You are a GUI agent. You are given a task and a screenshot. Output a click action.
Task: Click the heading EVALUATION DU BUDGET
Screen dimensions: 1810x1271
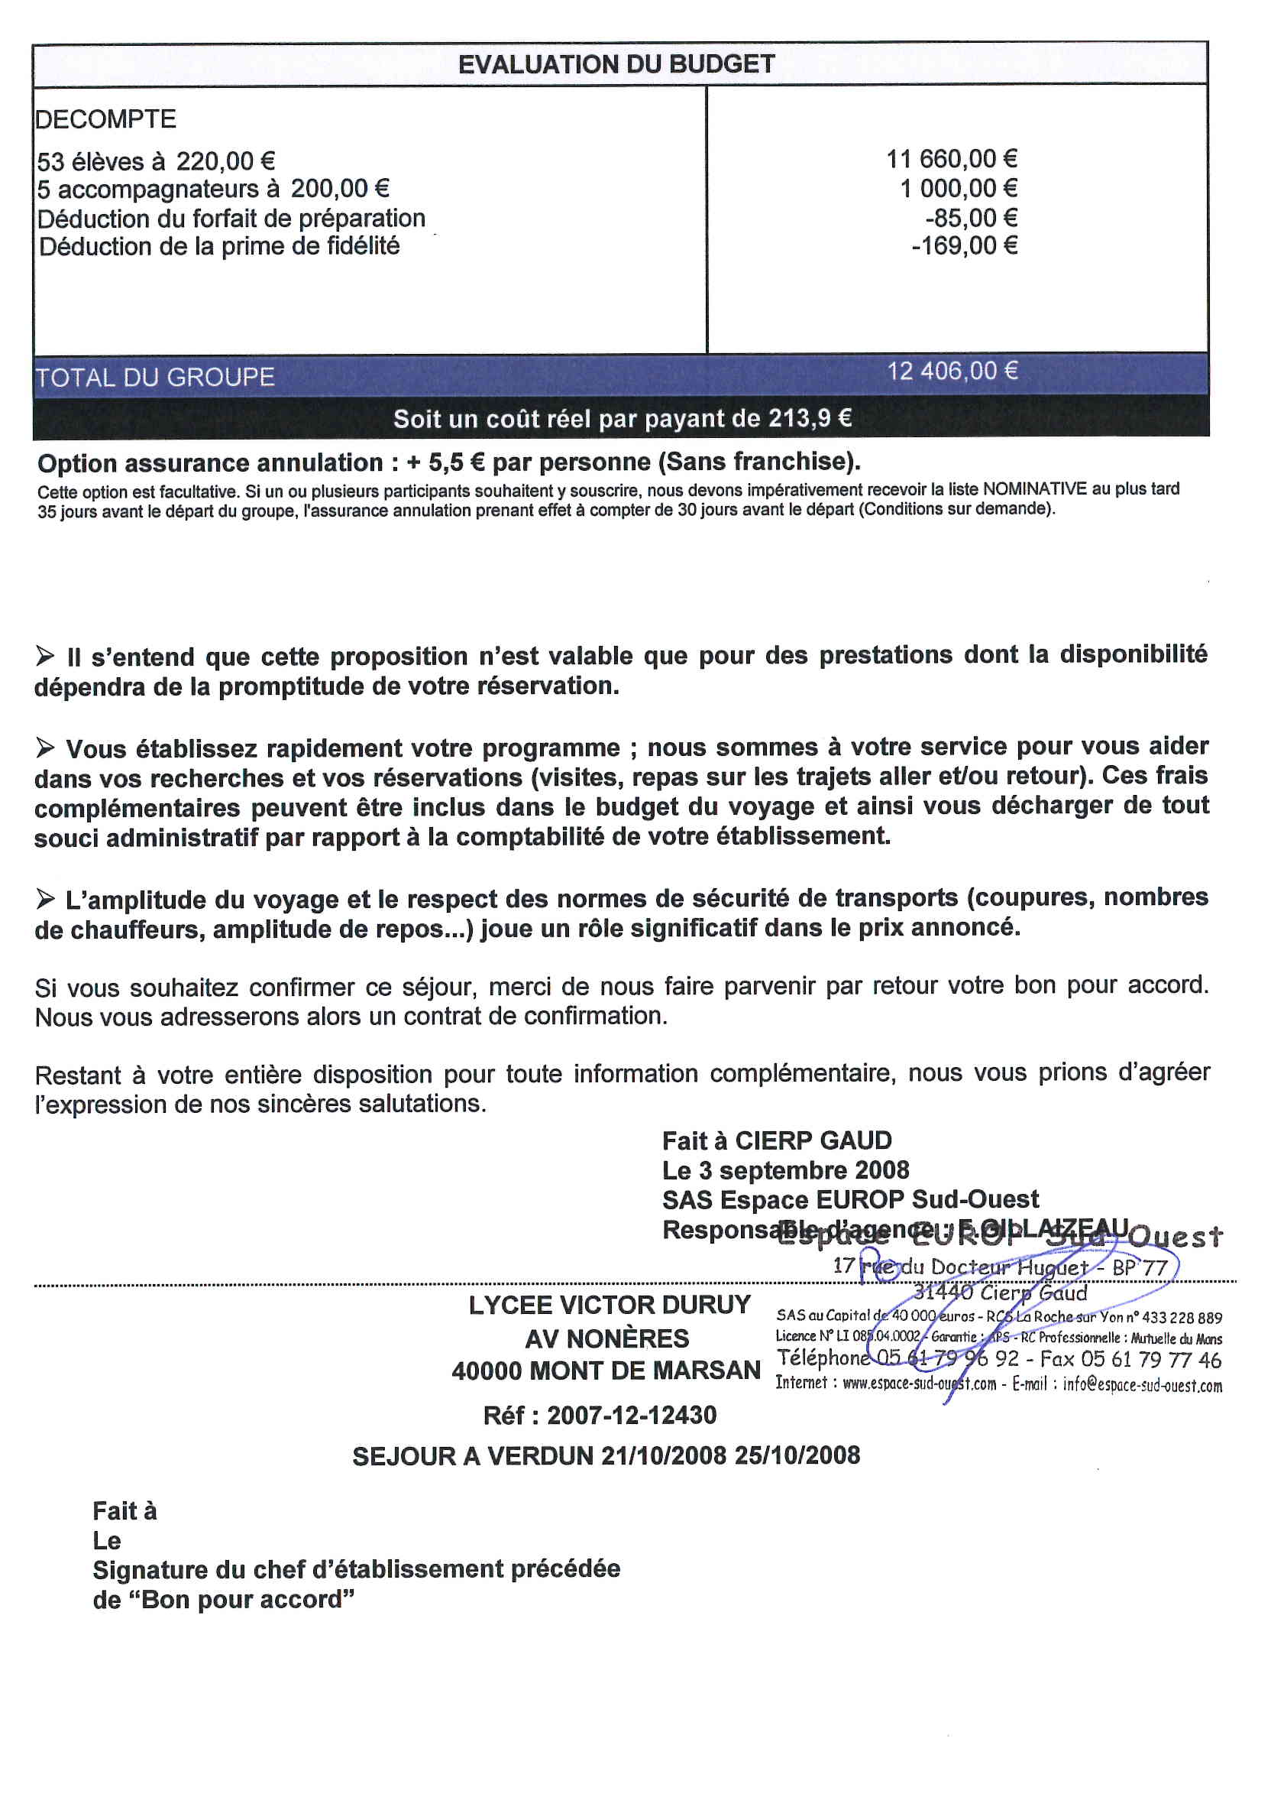tap(616, 65)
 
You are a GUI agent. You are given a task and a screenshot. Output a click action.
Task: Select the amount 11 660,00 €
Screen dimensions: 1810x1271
tap(951, 159)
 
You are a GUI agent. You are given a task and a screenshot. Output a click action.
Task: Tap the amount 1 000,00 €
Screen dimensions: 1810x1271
tap(958, 188)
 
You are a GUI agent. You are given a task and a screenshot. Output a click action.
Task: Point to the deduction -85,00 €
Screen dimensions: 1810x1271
tap(971, 218)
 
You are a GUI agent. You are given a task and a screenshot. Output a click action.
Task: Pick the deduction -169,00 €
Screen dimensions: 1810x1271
tap(964, 246)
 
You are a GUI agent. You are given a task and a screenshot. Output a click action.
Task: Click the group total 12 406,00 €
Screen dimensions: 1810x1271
tap(952, 371)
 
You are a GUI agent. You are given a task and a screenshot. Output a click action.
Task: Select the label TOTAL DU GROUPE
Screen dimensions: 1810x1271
tap(155, 378)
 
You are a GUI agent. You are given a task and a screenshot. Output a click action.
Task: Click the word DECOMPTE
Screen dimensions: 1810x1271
tap(105, 119)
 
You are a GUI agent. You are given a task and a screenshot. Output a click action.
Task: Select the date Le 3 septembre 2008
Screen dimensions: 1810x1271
tap(786, 1170)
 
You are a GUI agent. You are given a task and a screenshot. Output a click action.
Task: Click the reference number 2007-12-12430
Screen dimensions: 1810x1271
tap(631, 1415)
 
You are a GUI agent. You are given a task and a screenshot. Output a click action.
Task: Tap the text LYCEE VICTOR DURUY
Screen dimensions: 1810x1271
tap(609, 1306)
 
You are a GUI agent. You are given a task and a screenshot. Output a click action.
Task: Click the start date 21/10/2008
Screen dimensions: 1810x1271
tap(664, 1455)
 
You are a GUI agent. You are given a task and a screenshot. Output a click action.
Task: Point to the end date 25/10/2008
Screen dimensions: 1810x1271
tap(797, 1455)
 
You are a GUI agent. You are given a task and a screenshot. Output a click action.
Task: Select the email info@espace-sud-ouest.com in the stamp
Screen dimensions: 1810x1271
tap(1142, 1385)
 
